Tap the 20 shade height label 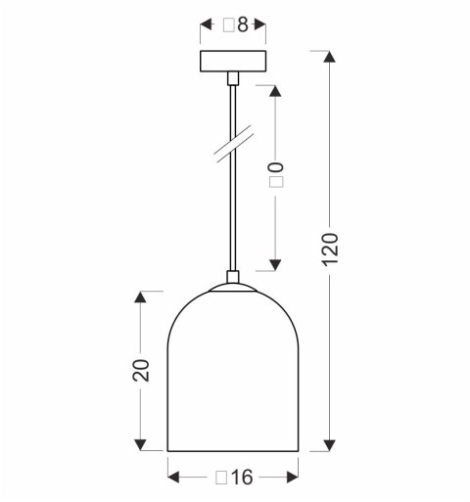142,370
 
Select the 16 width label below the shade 233,478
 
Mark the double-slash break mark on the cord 232,144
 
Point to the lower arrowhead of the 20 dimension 142,445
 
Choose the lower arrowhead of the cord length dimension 275,263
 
